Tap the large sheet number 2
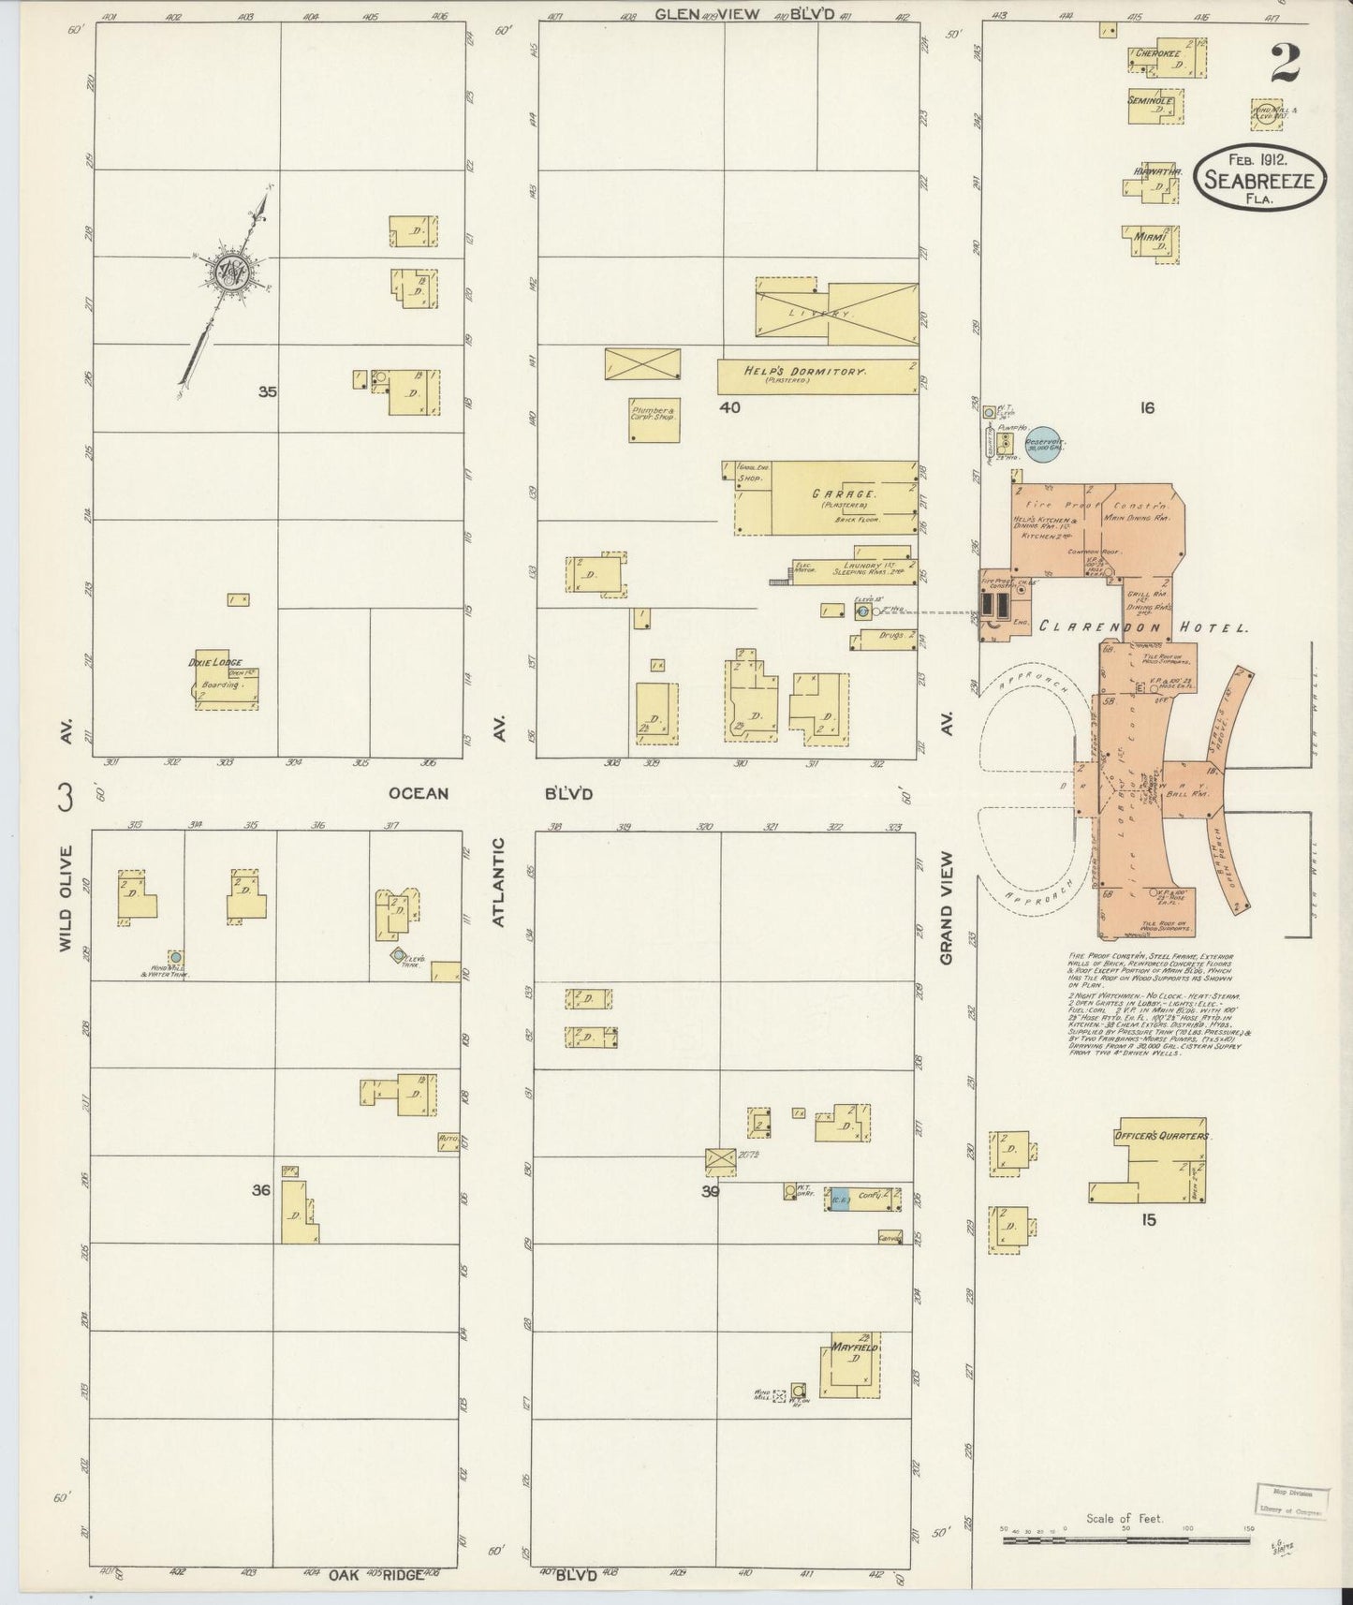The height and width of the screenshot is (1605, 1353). click(x=1285, y=63)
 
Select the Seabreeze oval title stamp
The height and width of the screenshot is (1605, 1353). click(x=1260, y=177)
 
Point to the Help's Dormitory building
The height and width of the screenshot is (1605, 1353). click(x=816, y=375)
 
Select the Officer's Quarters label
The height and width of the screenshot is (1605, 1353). click(x=1161, y=1136)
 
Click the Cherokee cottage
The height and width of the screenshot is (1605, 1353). click(x=1166, y=58)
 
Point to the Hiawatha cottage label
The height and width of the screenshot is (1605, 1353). click(x=1157, y=172)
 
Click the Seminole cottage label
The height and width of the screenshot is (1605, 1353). click(x=1151, y=100)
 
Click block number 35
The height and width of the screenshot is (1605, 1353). click(x=268, y=392)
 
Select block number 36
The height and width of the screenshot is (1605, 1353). click(x=261, y=1190)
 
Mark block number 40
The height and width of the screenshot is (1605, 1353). click(x=729, y=407)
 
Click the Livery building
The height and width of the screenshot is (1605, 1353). click(x=835, y=311)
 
